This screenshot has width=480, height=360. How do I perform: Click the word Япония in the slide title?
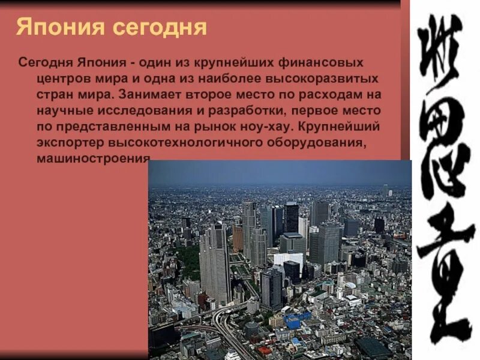52,27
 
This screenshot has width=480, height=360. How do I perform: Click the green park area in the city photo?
188,264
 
